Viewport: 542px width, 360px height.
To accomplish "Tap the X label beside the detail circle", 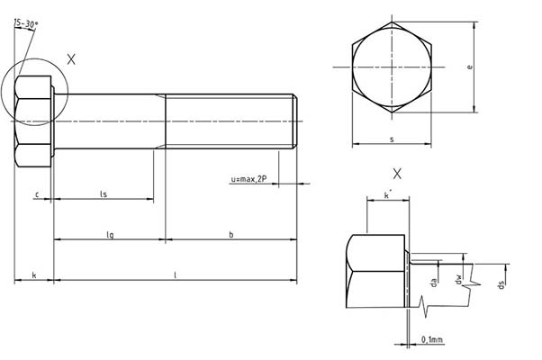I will click(x=72, y=59).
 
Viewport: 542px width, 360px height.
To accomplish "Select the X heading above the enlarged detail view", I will click(x=397, y=173).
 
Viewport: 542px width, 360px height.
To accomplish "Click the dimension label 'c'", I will click(x=36, y=193).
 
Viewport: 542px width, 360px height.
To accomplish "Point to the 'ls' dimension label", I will click(x=104, y=193).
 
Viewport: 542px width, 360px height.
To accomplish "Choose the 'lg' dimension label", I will click(x=110, y=234).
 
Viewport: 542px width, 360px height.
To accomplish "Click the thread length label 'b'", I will click(x=231, y=234).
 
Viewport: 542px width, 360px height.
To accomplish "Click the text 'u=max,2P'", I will click(x=248, y=180).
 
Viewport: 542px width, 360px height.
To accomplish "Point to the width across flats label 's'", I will click(x=392, y=139).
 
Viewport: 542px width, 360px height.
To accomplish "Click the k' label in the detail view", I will click(x=387, y=194).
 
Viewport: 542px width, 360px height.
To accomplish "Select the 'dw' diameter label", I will click(x=459, y=283).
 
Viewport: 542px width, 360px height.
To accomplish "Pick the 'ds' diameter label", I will click(x=501, y=284).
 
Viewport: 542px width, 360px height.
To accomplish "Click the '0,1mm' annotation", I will click(x=432, y=339).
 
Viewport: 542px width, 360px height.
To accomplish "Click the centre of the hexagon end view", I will click(x=392, y=67).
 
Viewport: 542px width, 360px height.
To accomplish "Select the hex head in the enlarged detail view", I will click(x=377, y=270).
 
